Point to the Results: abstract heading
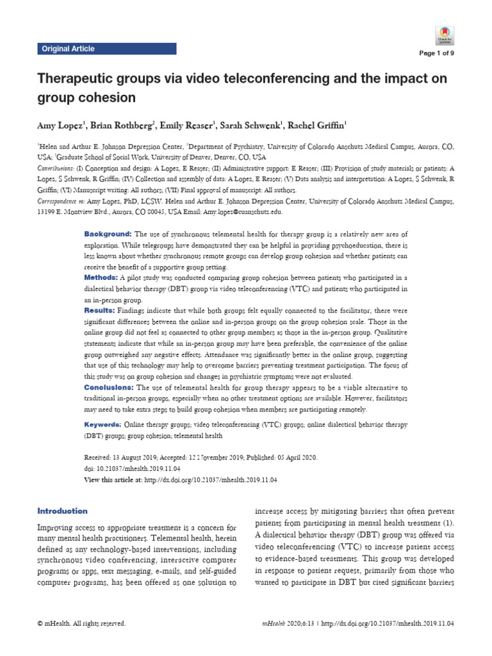(100, 309)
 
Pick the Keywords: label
(103, 425)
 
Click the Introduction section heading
(63, 511)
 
